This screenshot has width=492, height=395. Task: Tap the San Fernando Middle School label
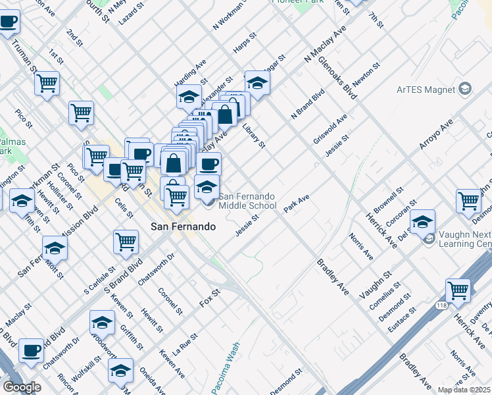[247, 201]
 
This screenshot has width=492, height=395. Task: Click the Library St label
[253, 134]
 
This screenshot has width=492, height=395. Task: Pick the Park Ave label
[297, 203]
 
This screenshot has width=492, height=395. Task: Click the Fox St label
[209, 300]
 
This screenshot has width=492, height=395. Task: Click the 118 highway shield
[441, 305]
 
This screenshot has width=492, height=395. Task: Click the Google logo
[22, 387]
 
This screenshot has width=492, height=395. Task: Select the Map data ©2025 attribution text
[464, 390]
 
